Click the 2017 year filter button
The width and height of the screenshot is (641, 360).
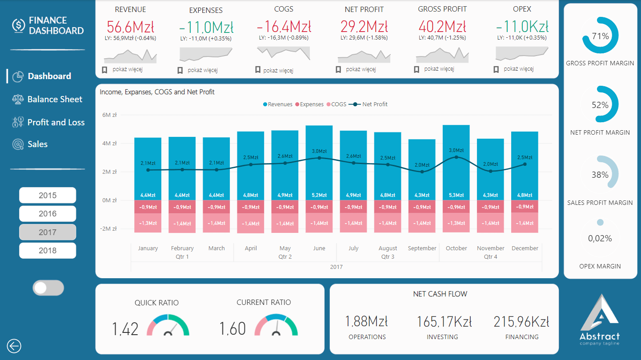48,232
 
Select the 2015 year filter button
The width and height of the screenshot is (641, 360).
48,195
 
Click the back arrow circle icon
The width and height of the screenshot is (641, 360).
14,346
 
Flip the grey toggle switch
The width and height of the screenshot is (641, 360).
48,288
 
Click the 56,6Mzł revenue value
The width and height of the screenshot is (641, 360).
130,27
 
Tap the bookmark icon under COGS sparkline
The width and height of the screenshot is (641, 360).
258,70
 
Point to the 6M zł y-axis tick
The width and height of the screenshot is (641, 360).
109,115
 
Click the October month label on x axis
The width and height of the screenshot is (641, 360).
456,248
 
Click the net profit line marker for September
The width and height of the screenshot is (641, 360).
422,172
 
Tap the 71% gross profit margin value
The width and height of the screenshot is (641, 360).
600,36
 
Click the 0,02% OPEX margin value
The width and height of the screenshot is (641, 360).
600,239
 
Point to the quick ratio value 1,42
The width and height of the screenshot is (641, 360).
125,328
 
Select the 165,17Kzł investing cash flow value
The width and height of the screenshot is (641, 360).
444,322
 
